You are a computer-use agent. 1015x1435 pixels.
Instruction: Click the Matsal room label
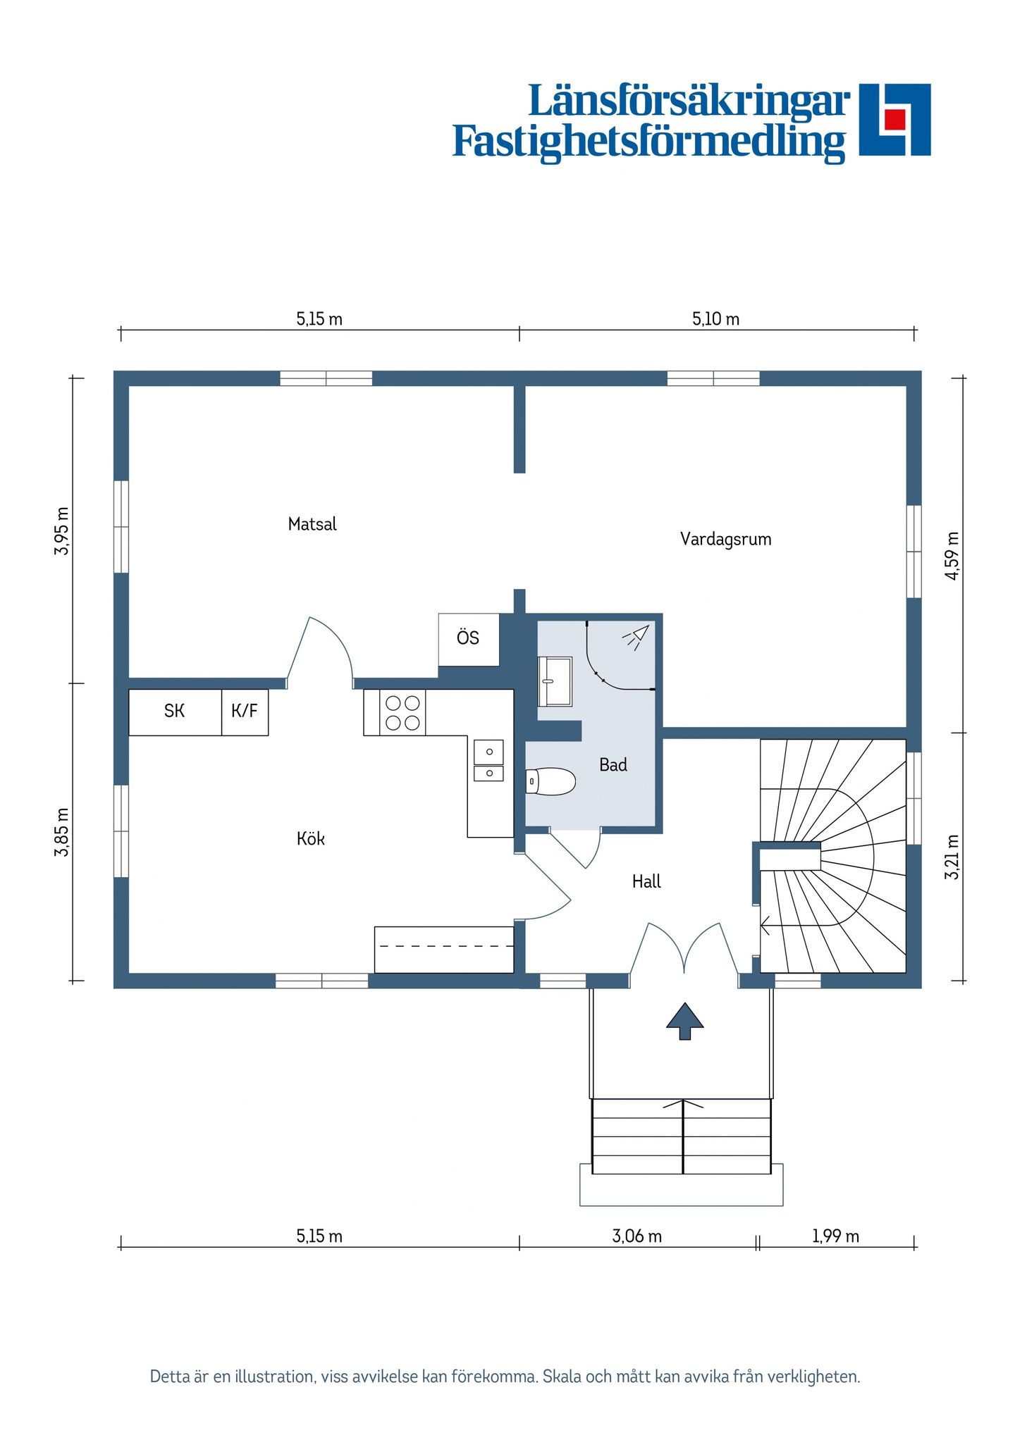click(x=312, y=524)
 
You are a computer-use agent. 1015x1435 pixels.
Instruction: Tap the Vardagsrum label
click(x=725, y=540)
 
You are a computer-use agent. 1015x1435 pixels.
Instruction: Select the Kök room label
click(x=311, y=838)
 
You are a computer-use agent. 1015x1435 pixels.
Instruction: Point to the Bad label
click(x=613, y=765)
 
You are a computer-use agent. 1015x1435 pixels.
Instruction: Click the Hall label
click(x=646, y=881)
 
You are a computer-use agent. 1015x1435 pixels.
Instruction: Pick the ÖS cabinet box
click(x=469, y=640)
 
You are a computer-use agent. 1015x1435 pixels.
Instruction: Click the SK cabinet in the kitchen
click(x=175, y=712)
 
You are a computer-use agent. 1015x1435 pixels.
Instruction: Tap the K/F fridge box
click(x=245, y=712)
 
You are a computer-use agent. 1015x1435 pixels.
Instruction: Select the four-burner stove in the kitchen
click(x=402, y=712)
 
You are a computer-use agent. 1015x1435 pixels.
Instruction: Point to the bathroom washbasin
click(x=555, y=681)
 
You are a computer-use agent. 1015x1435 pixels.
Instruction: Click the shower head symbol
click(x=636, y=636)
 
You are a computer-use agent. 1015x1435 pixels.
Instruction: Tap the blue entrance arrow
click(x=685, y=1021)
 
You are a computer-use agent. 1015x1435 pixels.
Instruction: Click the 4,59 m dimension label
click(x=952, y=556)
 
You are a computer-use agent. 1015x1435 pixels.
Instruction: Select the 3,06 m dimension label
click(x=636, y=1236)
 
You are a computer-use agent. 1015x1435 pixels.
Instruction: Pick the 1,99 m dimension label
click(x=835, y=1236)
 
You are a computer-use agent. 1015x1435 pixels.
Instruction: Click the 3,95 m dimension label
click(x=62, y=530)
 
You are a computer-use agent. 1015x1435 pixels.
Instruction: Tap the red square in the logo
click(x=895, y=119)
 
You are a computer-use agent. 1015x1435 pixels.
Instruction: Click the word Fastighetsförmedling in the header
click(x=648, y=142)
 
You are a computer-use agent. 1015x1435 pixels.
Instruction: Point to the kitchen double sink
click(x=488, y=761)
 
